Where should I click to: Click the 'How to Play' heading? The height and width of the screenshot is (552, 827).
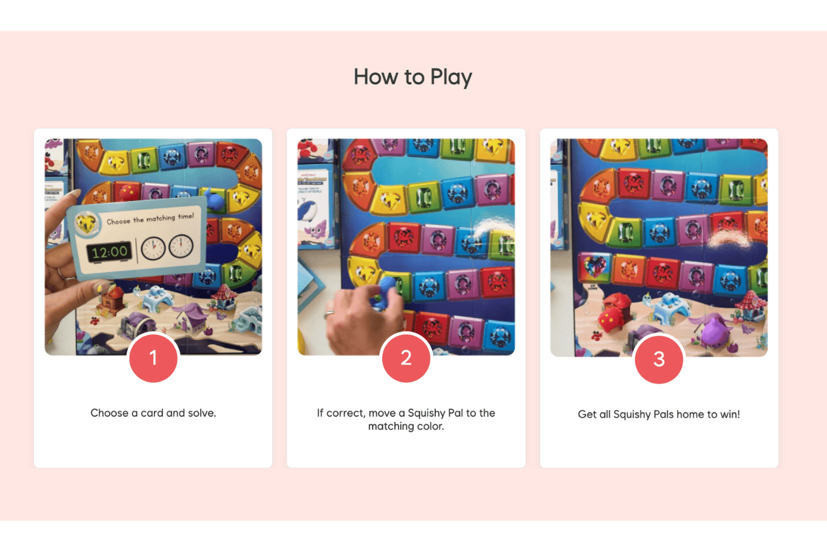point(413,77)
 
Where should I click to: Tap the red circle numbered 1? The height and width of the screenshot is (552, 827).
point(153,358)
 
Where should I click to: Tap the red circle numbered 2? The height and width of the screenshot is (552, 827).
point(406,358)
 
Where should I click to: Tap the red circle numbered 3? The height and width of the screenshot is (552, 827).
point(659,359)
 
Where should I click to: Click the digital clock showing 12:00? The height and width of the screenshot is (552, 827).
point(109,252)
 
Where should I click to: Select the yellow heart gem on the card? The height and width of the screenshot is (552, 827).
point(86,223)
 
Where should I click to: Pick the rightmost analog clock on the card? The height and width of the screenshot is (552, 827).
point(181,246)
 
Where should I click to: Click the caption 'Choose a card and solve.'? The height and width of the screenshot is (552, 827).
point(153,413)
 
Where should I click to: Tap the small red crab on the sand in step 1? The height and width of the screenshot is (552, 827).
point(95,320)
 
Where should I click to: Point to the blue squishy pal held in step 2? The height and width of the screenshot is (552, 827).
point(383,293)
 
